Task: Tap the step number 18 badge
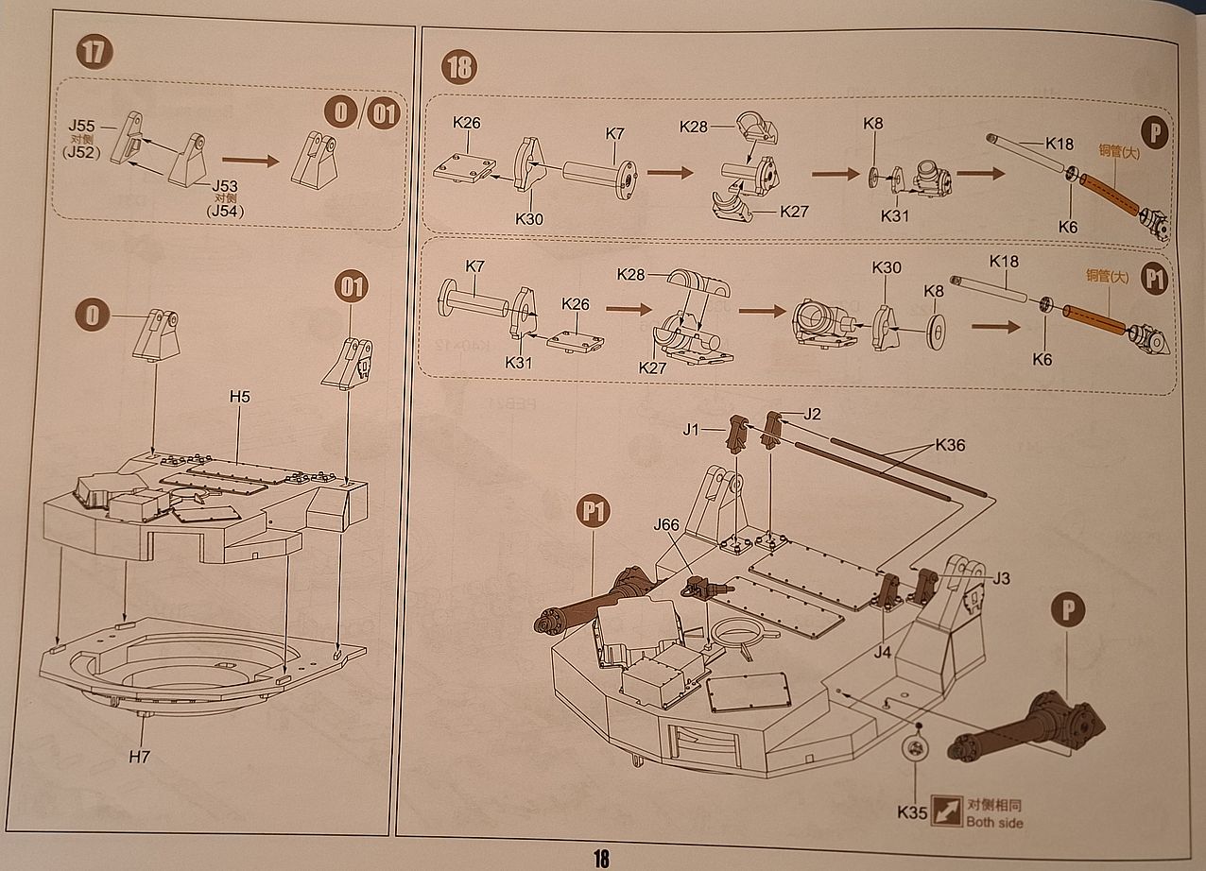pyautogui.click(x=459, y=67)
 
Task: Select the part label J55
pyautogui.click(x=83, y=125)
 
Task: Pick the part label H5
pyautogui.click(x=239, y=397)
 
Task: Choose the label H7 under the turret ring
pyautogui.click(x=139, y=757)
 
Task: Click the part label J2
pyautogui.click(x=812, y=413)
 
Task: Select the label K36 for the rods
pyautogui.click(x=951, y=445)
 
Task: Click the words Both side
pyautogui.click(x=994, y=822)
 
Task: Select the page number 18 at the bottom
pyautogui.click(x=601, y=858)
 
